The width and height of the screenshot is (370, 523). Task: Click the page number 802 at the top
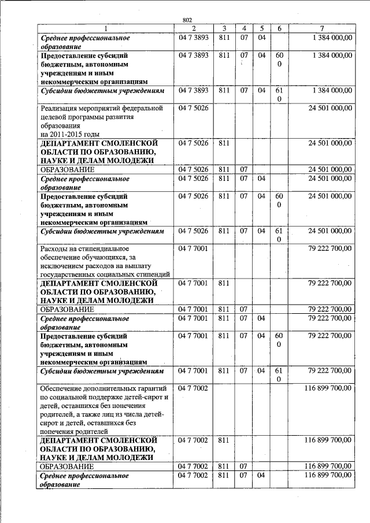pyautogui.click(x=187, y=20)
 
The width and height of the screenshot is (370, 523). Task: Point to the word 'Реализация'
pyautogui.click(x=60, y=107)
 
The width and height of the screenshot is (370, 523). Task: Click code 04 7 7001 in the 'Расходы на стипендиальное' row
pyautogui.click(x=193, y=248)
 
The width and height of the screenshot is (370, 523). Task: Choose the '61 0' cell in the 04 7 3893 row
pyautogui.click(x=279, y=95)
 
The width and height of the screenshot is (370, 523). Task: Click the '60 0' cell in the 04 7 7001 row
pyautogui.click(x=279, y=339)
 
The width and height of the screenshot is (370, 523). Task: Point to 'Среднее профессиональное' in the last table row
pyautogui.click(x=84, y=476)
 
